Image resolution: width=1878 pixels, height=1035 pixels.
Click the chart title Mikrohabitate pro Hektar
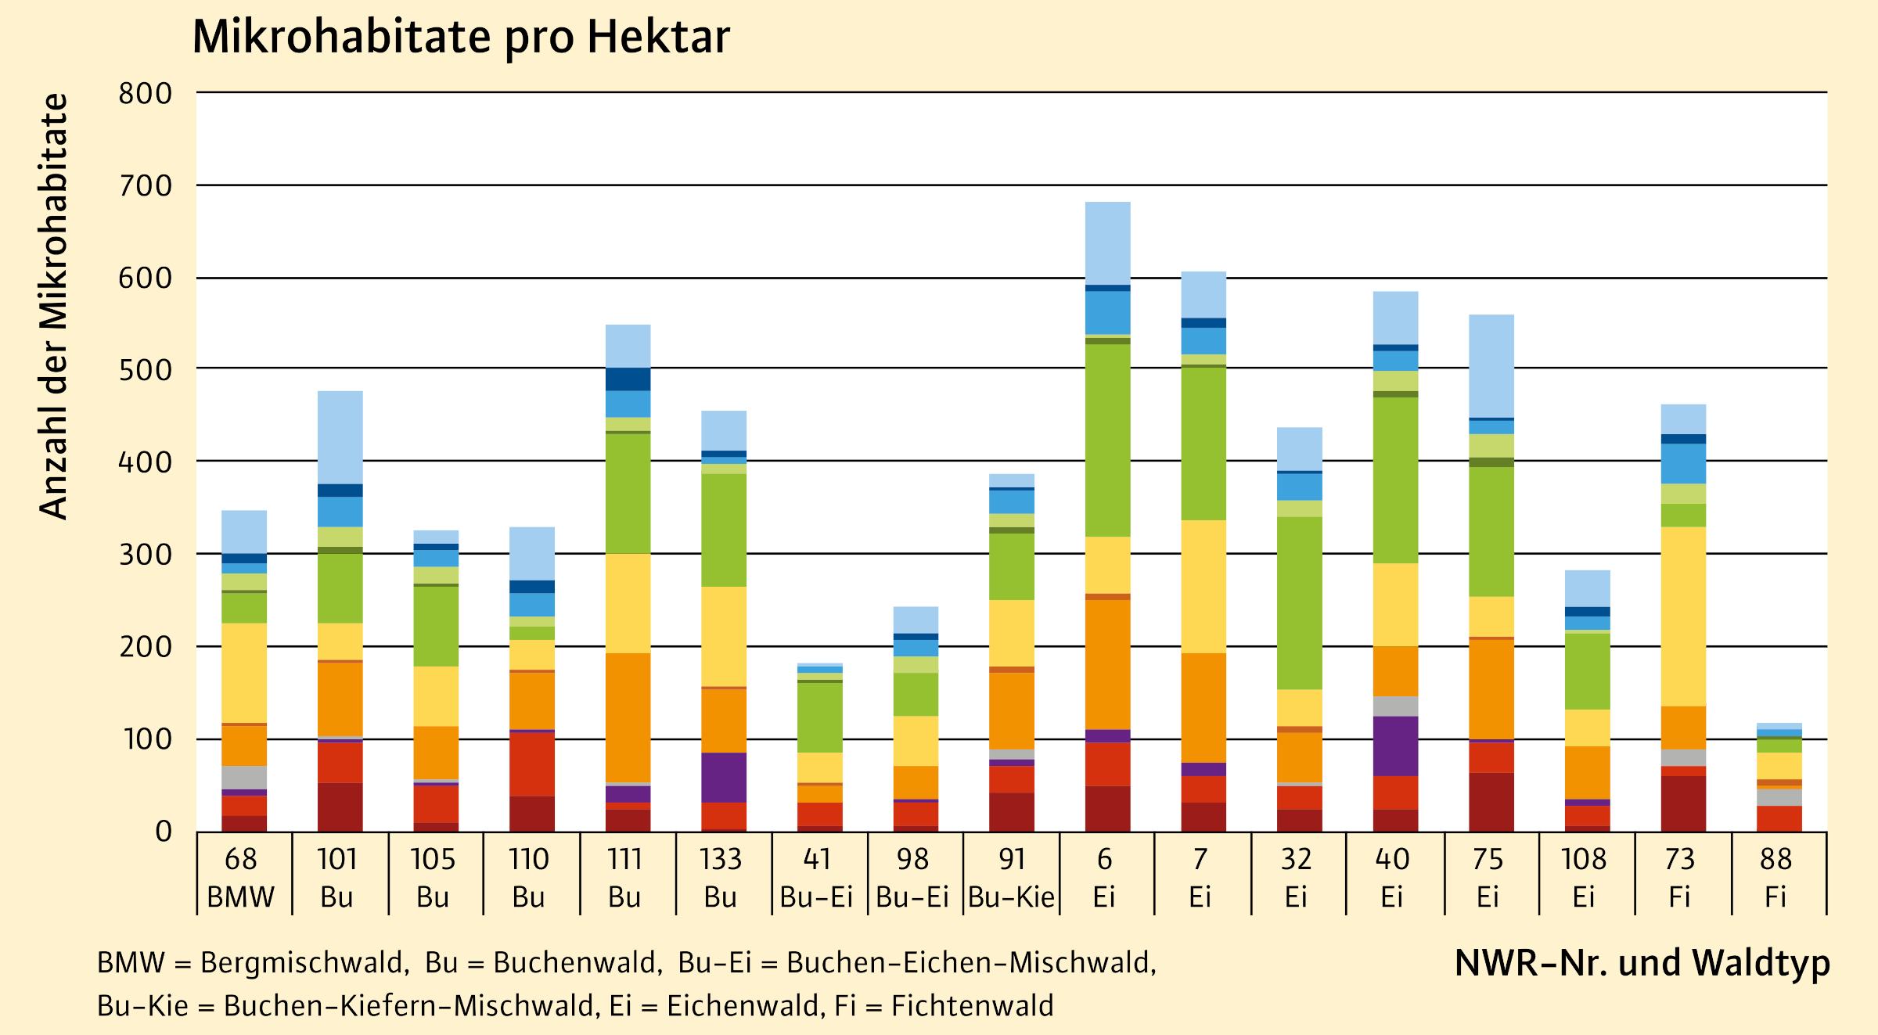pos(461,37)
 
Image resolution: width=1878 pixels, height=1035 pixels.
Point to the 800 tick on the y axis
pos(146,94)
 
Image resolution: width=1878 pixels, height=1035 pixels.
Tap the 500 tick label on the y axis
pos(146,370)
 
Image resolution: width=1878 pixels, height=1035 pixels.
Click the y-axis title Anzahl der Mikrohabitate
pos(54,307)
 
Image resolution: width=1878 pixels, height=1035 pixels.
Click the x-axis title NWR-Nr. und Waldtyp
pos(1642,963)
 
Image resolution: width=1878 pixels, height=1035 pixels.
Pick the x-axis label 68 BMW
pos(241,878)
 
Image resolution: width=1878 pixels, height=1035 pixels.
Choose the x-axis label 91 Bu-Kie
pos(1011,878)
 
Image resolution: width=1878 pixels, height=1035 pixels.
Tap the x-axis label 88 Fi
pos(1775,878)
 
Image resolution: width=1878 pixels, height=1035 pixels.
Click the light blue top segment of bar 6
pos(1107,243)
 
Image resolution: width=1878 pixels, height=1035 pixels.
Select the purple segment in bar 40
pos(1395,746)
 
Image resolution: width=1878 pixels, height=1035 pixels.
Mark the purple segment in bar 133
pos(724,777)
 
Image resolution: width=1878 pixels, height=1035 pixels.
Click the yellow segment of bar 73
pos(1683,616)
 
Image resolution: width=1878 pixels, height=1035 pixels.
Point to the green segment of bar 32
pos(1299,602)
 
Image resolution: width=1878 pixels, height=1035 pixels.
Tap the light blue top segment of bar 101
pos(340,437)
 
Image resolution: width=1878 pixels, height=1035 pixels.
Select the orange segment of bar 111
pos(628,717)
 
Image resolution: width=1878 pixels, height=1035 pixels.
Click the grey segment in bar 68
pos(244,777)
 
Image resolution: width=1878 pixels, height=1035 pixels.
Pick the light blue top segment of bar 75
pos(1491,365)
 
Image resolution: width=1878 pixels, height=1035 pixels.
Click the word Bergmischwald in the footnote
pos(304,963)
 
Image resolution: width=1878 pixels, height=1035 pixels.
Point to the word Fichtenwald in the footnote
pos(972,1006)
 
